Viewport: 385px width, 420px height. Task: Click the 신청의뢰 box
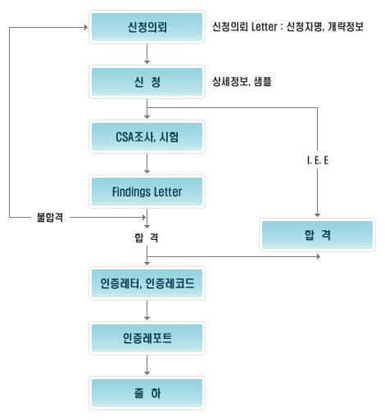tap(147, 27)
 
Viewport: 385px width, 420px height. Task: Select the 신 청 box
tap(147, 82)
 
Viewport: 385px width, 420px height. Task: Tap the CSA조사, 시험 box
tap(147, 137)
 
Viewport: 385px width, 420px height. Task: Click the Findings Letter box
tap(147, 192)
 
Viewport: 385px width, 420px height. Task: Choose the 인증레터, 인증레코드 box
tap(147, 283)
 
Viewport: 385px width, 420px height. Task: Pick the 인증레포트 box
tap(147, 338)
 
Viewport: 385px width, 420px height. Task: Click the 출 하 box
tap(147, 393)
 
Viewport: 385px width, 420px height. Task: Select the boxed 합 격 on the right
tap(317, 235)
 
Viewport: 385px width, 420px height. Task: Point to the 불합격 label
tap(50, 218)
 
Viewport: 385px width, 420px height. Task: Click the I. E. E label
tap(318, 160)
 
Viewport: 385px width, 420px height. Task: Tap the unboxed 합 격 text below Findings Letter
tap(147, 237)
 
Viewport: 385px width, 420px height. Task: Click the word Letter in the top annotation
tap(264, 27)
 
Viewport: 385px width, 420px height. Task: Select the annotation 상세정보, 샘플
tap(242, 82)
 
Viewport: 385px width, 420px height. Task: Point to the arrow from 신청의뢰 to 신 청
tap(147, 54)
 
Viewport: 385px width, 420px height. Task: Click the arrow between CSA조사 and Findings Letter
tap(147, 164)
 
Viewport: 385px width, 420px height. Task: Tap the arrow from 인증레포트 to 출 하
tap(147, 365)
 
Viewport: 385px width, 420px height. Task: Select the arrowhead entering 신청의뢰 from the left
tap(86, 27)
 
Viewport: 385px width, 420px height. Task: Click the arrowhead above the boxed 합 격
tap(317, 215)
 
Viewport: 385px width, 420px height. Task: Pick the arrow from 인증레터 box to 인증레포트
tap(147, 310)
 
